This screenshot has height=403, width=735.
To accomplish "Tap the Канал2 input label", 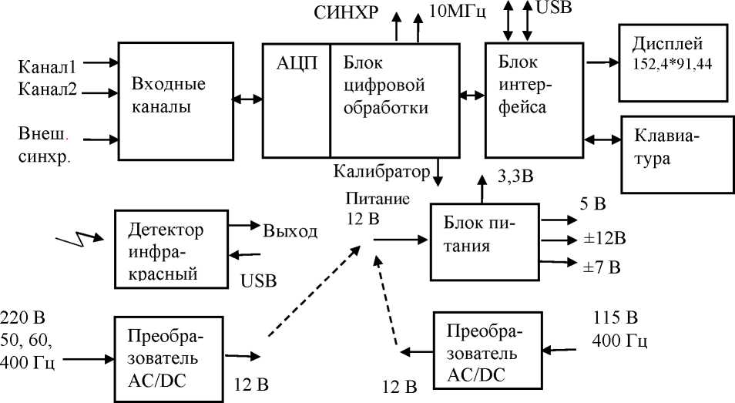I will (47, 89).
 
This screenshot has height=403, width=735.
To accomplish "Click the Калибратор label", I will (381, 170).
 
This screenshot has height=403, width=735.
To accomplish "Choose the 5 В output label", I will (593, 204).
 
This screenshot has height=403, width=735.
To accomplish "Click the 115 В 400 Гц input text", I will (620, 328).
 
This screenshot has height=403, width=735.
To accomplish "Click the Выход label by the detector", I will (290, 231).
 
